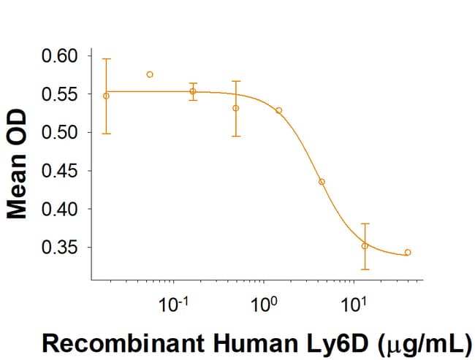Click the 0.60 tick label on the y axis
(64, 55)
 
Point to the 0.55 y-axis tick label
(64, 94)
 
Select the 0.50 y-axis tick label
(64, 132)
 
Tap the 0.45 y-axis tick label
(64, 171)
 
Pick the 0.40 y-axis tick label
(64, 209)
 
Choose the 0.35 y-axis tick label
(64, 248)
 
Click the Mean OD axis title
(18, 164)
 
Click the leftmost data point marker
(106, 96)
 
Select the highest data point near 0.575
(150, 74)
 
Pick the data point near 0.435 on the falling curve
(322, 181)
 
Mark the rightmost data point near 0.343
(408, 253)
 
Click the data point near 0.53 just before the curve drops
(278, 110)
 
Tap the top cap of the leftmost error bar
(106, 58)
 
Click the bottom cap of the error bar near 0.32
(365, 269)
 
